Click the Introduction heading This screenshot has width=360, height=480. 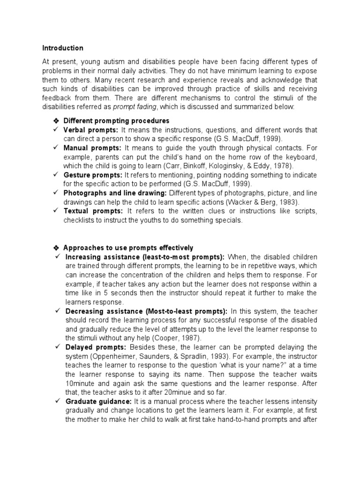(63, 48)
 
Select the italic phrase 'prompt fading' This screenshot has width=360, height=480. (133, 107)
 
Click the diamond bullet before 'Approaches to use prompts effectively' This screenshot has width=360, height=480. (56, 248)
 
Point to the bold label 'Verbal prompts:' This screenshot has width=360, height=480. (92, 130)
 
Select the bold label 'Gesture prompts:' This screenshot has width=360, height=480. (93, 174)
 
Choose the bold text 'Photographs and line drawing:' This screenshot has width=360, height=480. (116, 193)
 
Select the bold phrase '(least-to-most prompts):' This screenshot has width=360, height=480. (187, 257)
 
